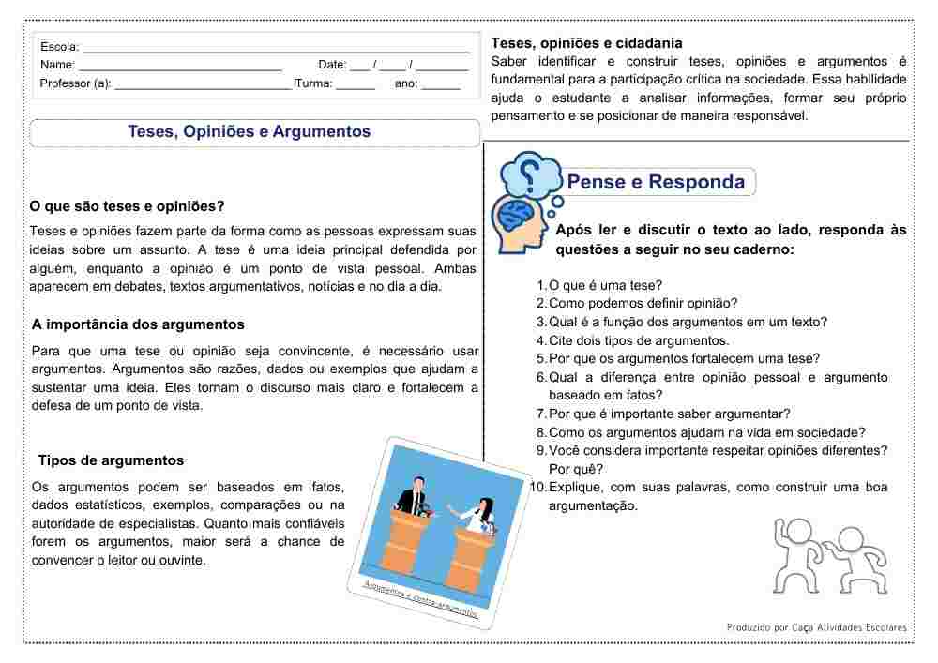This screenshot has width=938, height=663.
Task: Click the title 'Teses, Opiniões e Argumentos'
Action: pos(250,132)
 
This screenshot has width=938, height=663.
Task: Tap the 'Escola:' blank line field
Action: pos(276,48)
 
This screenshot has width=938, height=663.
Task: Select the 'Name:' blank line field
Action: pos(180,66)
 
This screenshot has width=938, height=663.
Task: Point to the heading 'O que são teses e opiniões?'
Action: pos(128,206)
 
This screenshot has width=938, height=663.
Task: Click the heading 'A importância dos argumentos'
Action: pos(138,324)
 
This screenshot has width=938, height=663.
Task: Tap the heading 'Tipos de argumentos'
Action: pos(111,460)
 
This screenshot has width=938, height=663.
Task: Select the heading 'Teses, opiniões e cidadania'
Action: pos(587,43)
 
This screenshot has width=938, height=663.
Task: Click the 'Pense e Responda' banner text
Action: pos(657,182)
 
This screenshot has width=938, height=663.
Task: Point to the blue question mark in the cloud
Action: pos(530,173)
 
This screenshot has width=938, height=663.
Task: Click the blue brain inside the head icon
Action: pos(515,217)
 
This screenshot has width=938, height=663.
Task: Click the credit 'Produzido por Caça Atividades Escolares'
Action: pos(816,626)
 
